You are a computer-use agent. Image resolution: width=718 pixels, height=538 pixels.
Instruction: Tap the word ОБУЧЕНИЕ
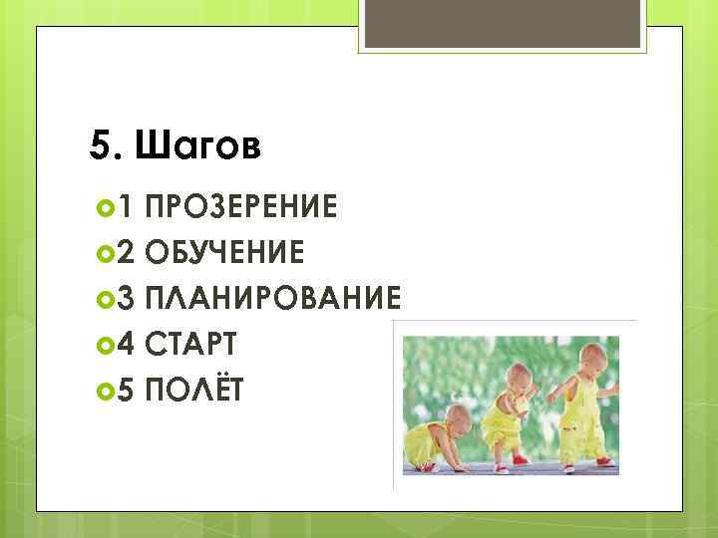point(225,253)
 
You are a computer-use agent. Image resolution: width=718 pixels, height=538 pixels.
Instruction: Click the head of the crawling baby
point(456,417)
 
